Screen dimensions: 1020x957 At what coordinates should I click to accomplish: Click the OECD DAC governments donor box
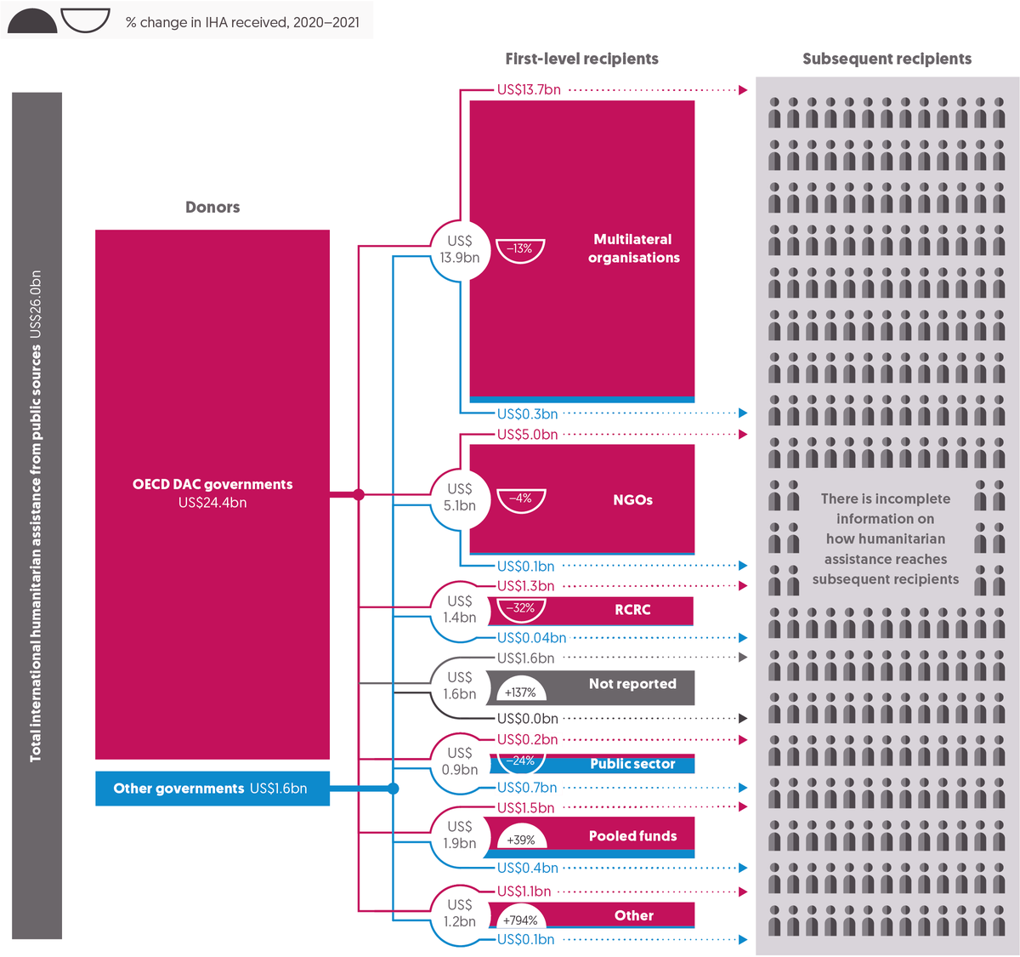[x=212, y=494]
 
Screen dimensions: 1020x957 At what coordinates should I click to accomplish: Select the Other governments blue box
[x=212, y=789]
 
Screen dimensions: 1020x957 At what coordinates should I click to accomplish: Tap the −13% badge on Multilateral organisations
[x=519, y=250]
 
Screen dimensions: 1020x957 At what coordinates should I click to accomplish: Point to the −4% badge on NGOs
[x=521, y=500]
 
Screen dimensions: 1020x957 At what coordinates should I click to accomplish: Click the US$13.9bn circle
[x=460, y=250]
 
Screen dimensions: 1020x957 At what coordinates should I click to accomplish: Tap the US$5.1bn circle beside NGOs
[x=460, y=498]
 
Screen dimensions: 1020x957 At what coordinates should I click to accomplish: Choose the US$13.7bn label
[x=529, y=89]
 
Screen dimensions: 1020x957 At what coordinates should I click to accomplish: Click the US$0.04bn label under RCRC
[x=531, y=638]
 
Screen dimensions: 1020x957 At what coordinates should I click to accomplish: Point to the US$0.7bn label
[x=526, y=788]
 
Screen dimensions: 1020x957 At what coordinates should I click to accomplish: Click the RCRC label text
[x=632, y=610]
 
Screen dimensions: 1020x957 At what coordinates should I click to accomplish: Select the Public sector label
[x=632, y=764]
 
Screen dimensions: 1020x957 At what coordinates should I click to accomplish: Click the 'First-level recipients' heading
[x=581, y=59]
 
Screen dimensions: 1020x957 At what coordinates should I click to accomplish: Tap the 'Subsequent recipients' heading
[x=887, y=59]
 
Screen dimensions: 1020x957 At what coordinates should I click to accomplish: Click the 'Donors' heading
[x=212, y=207]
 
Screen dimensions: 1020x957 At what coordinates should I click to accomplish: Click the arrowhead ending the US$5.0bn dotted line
[x=743, y=435]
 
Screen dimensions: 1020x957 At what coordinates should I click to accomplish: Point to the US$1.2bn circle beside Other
[x=460, y=914]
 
